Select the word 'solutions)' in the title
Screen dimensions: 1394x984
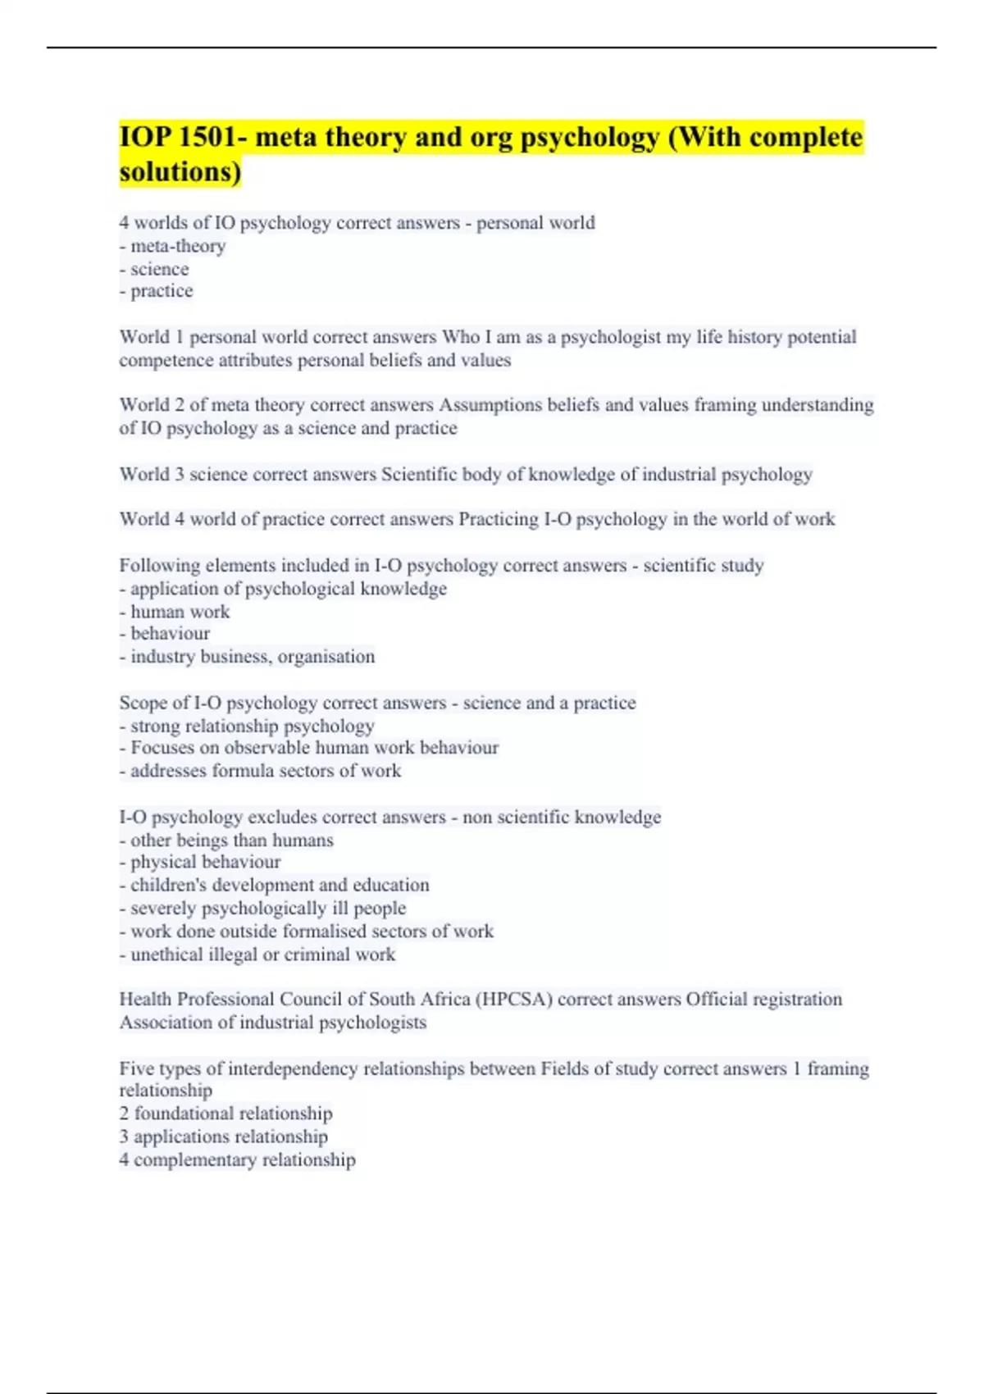point(180,172)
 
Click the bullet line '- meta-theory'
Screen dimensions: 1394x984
point(172,246)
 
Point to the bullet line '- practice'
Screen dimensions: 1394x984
point(156,291)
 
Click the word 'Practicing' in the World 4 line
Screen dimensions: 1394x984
point(499,519)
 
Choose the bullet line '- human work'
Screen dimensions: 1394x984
point(174,612)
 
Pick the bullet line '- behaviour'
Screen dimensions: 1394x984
point(164,634)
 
